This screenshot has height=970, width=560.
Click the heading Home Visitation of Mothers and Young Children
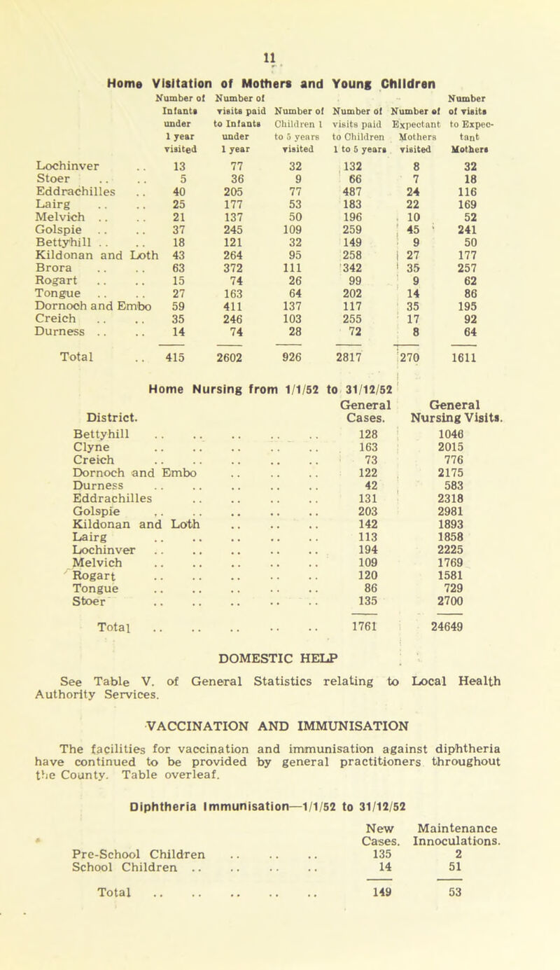tap(286, 41)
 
